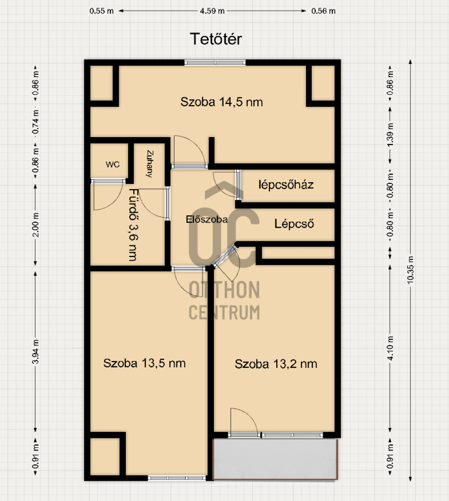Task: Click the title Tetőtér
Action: point(216,39)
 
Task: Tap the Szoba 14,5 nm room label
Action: point(221,102)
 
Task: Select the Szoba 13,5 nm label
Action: point(144,363)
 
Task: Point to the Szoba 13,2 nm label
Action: point(276,364)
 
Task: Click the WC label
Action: point(113,165)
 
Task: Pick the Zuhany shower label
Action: point(150,164)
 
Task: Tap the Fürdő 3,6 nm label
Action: point(133,225)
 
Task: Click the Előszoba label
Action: point(207,219)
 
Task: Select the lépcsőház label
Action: point(286,185)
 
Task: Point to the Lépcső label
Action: point(294,224)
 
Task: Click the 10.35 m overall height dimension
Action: point(410,270)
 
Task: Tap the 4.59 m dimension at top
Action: point(212,11)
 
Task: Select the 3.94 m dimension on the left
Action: point(36,352)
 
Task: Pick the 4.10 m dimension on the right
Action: point(390,348)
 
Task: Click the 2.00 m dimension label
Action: point(36,225)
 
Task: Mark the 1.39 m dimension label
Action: point(390,134)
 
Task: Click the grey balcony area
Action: point(275,459)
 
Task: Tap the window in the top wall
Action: point(215,63)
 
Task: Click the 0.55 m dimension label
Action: point(101,11)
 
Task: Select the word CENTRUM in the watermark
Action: point(224,313)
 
